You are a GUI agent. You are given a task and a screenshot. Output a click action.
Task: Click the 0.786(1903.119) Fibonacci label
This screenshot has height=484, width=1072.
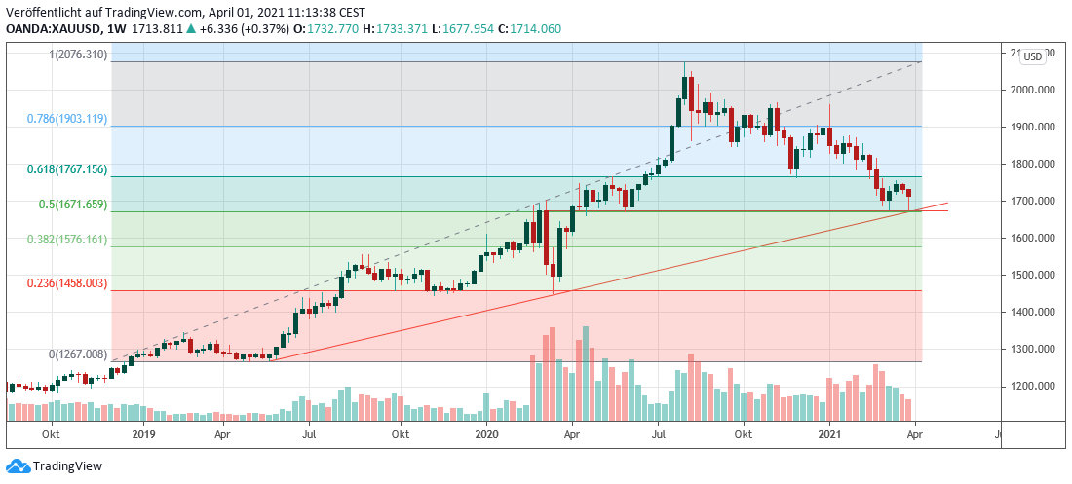[x=68, y=118]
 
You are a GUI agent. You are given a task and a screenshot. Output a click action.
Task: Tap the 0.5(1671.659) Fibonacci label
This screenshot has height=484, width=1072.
[x=72, y=205]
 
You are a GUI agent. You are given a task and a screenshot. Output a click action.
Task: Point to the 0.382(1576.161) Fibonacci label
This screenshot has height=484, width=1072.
[x=68, y=239]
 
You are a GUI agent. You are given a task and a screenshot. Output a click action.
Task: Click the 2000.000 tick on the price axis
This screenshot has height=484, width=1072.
[x=1031, y=90]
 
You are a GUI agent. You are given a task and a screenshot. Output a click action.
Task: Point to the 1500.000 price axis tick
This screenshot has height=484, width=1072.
[x=1031, y=275]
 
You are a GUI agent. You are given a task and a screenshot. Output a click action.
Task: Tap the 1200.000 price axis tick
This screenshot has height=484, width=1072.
[x=1031, y=386]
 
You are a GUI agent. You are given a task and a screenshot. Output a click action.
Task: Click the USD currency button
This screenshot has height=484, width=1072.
[x=1032, y=56]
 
